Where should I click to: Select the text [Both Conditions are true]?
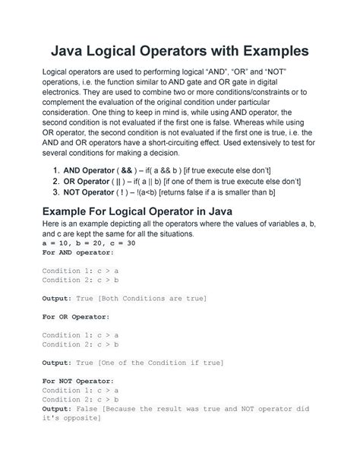point(154,299)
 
